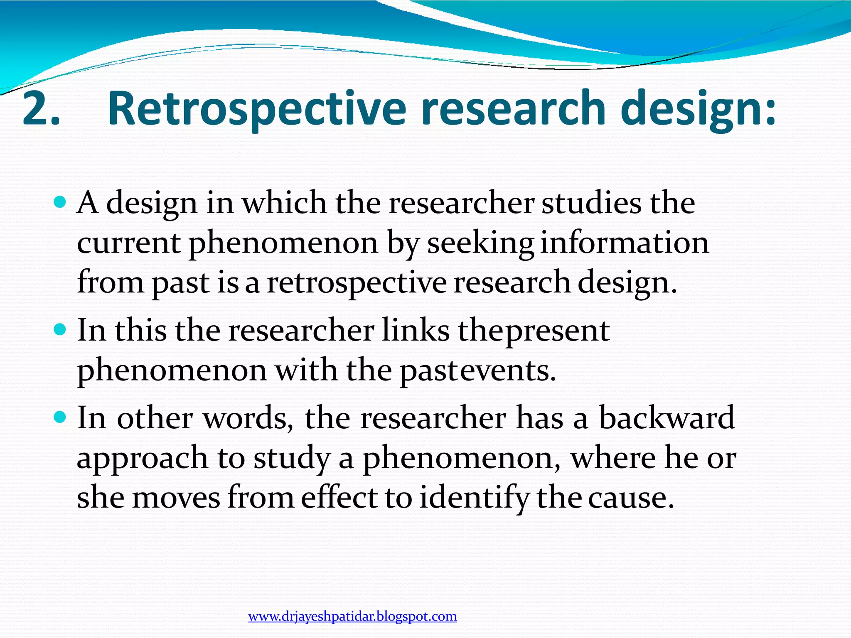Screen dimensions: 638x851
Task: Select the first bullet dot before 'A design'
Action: coord(60,202)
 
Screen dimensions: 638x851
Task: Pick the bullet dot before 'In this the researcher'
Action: coord(60,330)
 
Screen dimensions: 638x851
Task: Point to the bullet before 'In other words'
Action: coord(60,417)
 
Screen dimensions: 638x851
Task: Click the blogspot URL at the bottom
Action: coord(352,616)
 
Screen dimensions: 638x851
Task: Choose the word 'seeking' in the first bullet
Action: coord(480,244)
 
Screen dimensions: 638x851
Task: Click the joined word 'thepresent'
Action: coord(534,331)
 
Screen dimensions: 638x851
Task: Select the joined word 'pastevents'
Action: coord(477,371)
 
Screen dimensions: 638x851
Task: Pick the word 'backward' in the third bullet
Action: coord(667,418)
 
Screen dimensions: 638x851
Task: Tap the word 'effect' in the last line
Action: coord(339,497)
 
